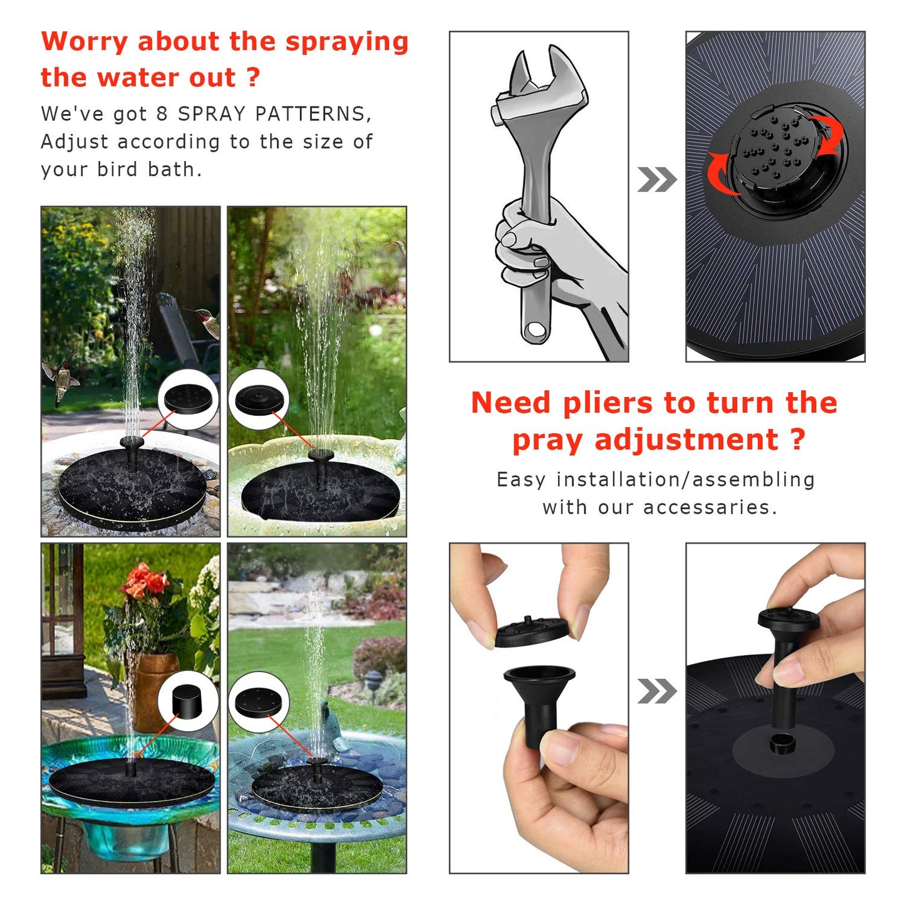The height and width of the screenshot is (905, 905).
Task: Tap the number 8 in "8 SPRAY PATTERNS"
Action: tap(162, 114)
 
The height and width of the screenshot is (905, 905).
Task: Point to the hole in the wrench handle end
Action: tap(535, 329)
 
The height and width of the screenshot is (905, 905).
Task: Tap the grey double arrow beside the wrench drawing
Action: tap(656, 180)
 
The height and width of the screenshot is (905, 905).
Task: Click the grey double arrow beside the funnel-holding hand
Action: tap(656, 691)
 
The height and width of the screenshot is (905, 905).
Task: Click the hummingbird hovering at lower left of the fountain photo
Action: tap(61, 378)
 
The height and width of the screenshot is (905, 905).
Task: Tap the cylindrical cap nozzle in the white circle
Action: tap(187, 701)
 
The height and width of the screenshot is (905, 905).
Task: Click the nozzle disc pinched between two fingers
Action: tap(532, 630)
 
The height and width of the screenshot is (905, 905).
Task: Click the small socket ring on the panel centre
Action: tap(782, 744)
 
